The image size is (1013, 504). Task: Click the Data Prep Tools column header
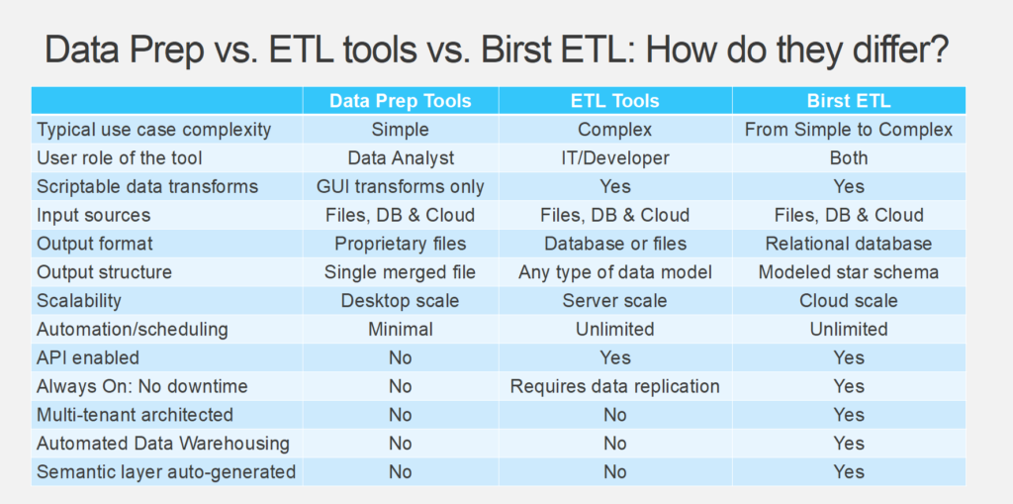point(400,101)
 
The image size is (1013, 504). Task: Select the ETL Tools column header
point(614,101)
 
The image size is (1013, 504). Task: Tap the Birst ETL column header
point(848,101)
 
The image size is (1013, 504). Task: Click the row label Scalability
point(79,301)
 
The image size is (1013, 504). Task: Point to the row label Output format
point(94,244)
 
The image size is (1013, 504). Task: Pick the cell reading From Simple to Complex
point(848,130)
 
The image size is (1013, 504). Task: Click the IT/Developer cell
point(614,157)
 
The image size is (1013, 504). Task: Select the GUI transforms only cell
point(400,186)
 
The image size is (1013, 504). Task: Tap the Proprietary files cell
point(400,244)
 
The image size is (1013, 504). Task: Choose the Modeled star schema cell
point(848,271)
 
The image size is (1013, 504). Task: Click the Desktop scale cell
point(400,301)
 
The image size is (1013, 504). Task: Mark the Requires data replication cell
point(614,386)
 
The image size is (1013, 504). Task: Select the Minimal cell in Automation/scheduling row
point(400,330)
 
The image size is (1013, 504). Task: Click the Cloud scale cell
point(848,301)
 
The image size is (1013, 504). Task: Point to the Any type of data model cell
point(614,271)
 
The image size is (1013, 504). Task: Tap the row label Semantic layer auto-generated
point(166,471)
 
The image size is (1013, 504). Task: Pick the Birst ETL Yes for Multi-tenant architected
point(848,415)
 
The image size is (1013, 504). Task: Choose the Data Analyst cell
point(400,157)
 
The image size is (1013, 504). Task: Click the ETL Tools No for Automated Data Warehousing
point(614,444)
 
